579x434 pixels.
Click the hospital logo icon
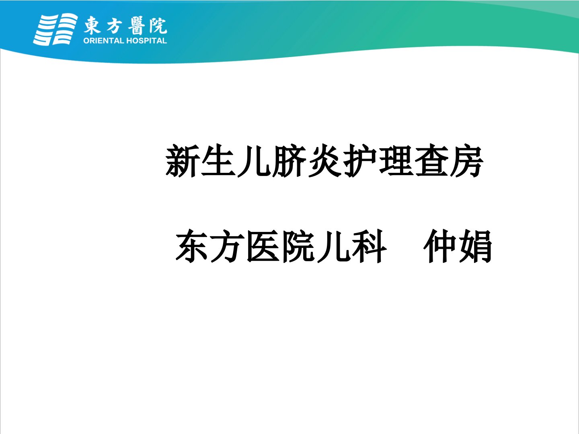tap(55, 29)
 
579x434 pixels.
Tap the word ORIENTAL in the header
tap(104, 41)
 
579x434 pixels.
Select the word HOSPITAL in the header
tap(146, 41)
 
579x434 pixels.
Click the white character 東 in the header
tap(92, 25)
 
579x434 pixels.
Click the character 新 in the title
tap(182, 160)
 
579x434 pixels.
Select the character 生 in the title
tap(218, 160)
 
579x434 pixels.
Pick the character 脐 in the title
tap(289, 160)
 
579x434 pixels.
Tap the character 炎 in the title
tap(325, 160)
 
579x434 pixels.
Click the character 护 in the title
tap(360, 160)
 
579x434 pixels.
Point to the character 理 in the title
tap(396, 160)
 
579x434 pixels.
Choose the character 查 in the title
tap(431, 160)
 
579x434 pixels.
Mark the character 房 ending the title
tap(467, 160)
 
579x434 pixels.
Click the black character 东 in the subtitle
tap(192, 246)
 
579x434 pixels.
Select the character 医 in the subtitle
tap(263, 246)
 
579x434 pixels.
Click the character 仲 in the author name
tap(440, 246)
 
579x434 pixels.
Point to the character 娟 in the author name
tap(476, 246)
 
